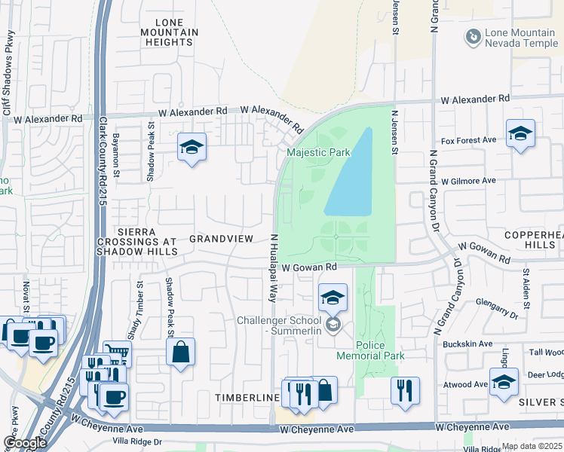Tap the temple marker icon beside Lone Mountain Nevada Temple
click(x=472, y=35)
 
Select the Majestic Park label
click(x=318, y=153)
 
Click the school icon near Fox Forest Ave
click(x=520, y=134)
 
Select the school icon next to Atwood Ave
click(x=504, y=382)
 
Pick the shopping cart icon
click(x=117, y=352)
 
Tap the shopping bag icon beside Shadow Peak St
click(x=181, y=352)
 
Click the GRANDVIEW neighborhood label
click(x=221, y=238)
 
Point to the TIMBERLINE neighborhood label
click(x=242, y=397)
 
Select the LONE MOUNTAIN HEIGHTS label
click(x=170, y=32)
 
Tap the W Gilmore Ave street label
click(x=468, y=181)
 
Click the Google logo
click(x=25, y=442)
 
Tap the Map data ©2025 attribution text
click(x=531, y=446)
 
